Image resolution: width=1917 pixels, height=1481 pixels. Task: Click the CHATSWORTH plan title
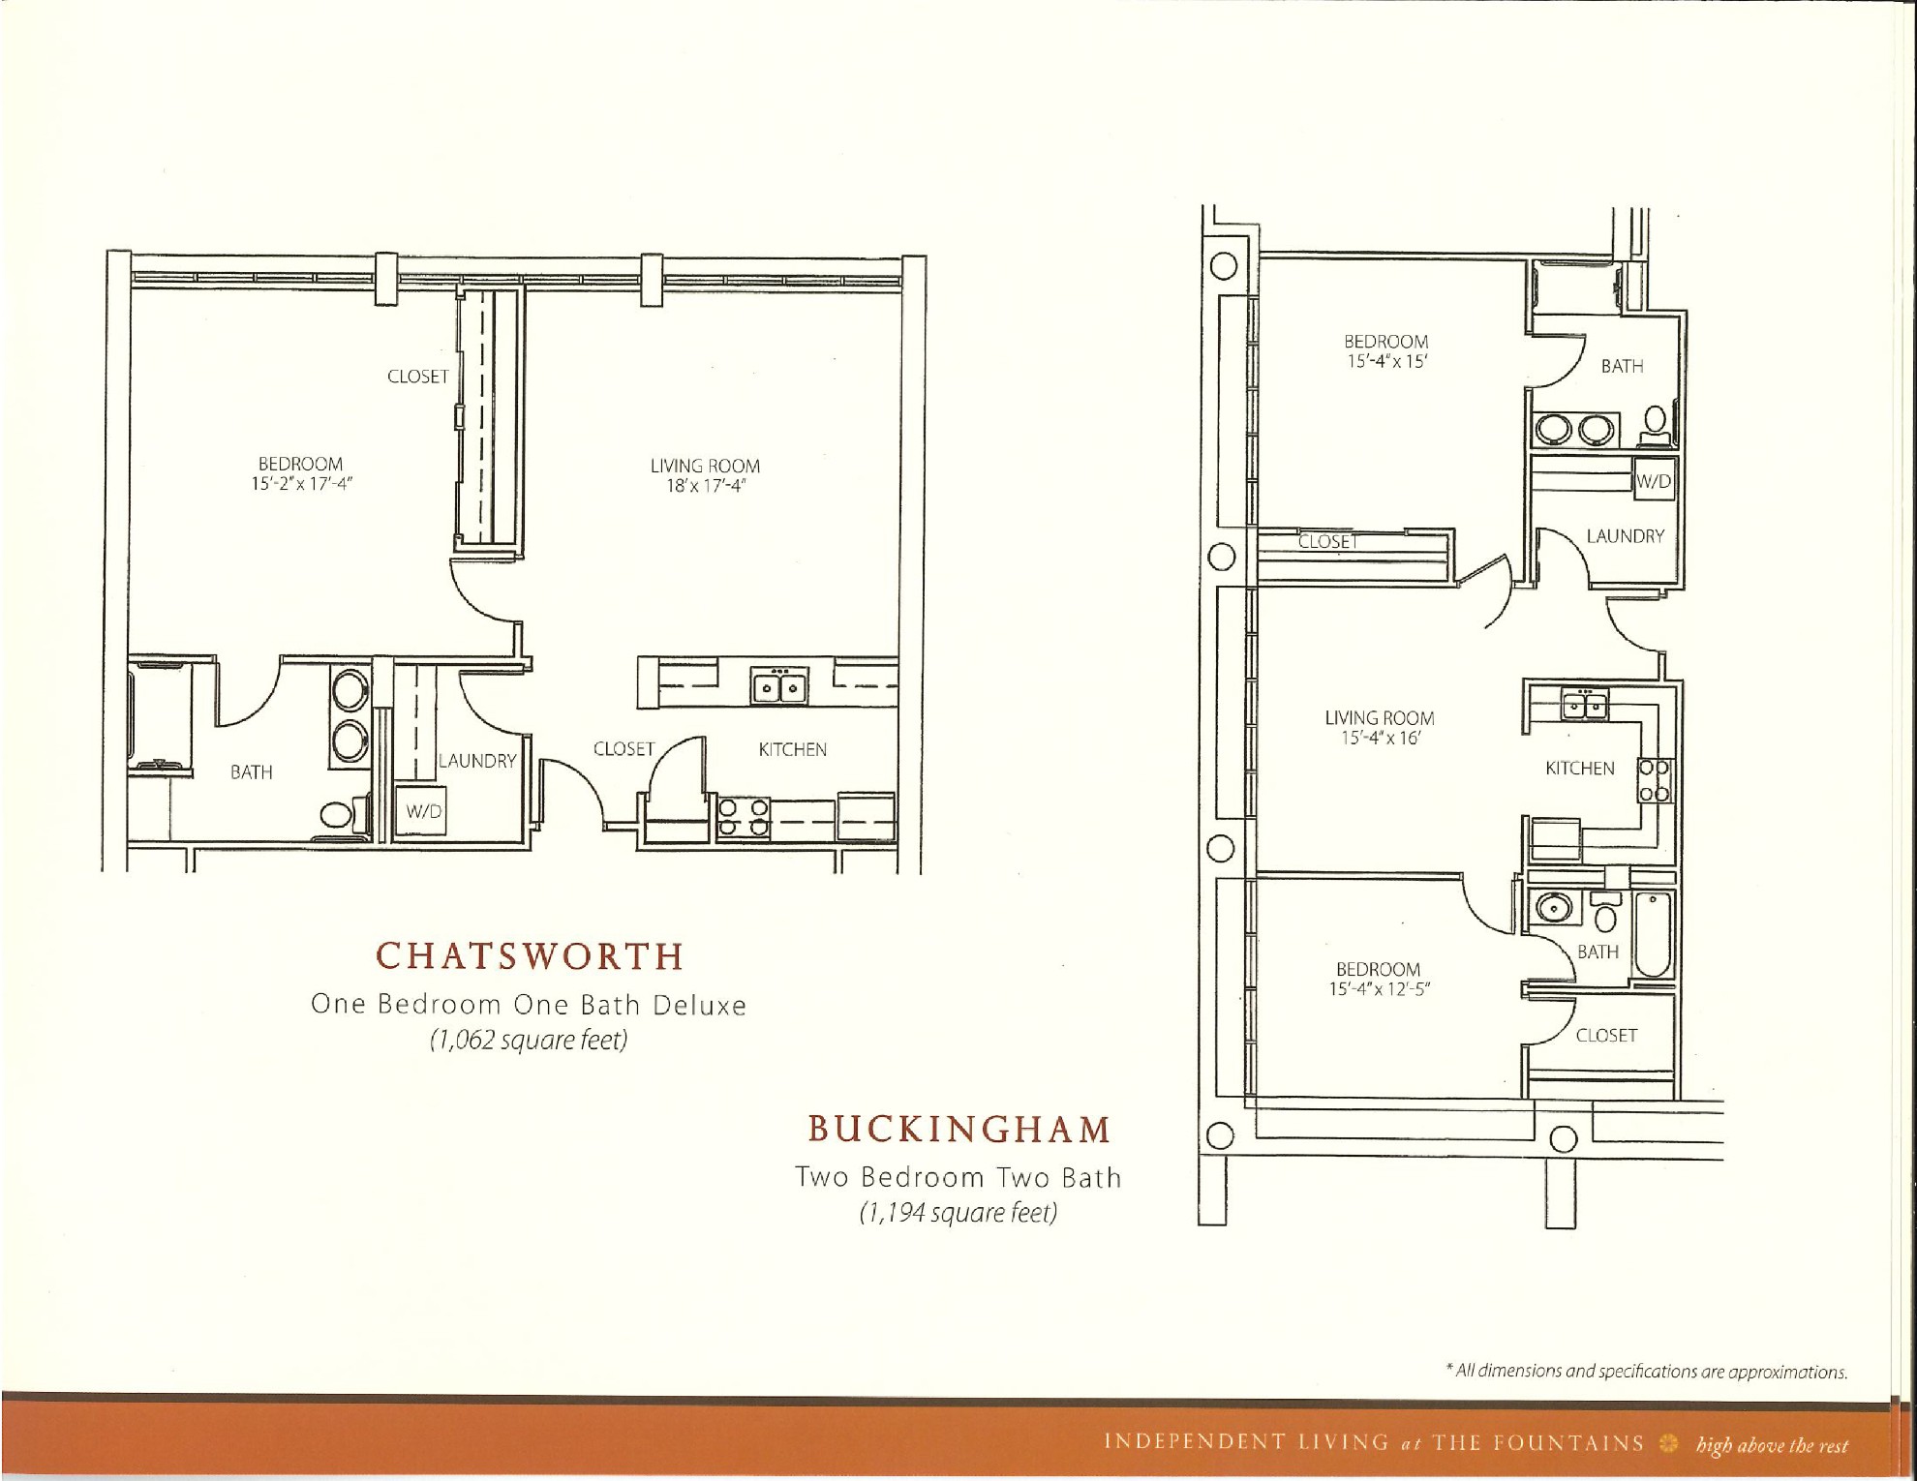[x=530, y=956]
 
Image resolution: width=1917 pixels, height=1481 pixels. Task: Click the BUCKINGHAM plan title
[x=959, y=1130]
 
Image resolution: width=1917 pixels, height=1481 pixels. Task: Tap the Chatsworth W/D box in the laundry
[x=423, y=811]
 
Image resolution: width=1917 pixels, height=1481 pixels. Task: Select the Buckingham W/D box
[x=1654, y=481]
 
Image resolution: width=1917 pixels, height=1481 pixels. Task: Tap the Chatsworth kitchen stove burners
[x=744, y=816]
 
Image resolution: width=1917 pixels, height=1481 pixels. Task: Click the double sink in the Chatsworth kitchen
[x=780, y=687]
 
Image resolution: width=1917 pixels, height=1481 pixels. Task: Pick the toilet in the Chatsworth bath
[x=337, y=814]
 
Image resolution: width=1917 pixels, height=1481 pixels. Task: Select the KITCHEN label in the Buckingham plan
[x=1579, y=769]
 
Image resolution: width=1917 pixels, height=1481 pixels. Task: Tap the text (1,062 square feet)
[x=529, y=1041]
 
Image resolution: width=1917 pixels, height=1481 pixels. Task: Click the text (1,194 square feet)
[x=958, y=1213]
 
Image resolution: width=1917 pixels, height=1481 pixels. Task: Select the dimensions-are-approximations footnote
[x=1646, y=1372]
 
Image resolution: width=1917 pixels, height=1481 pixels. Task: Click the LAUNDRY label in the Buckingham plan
[x=1625, y=536]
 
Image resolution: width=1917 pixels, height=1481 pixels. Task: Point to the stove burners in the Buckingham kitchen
[x=1654, y=781]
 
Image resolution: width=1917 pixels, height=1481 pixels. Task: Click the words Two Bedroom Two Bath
[x=958, y=1177]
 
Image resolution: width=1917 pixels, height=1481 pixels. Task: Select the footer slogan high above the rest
[x=1772, y=1446]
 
